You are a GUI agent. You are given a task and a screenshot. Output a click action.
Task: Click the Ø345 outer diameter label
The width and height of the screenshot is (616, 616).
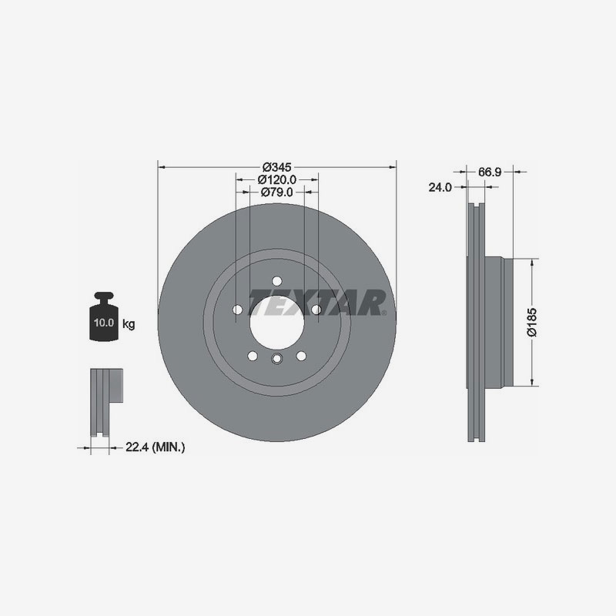(x=276, y=167)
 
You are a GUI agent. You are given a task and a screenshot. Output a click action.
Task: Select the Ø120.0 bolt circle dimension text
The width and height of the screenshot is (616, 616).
(x=276, y=179)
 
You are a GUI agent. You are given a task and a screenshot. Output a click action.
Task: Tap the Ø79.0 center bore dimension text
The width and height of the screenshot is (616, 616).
(x=276, y=192)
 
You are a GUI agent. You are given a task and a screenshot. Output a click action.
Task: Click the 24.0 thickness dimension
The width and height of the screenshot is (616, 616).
(x=440, y=186)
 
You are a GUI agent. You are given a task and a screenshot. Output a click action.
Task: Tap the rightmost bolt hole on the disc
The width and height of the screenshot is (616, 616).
(x=316, y=310)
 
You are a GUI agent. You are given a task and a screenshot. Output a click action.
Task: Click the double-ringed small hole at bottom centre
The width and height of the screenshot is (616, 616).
(x=276, y=357)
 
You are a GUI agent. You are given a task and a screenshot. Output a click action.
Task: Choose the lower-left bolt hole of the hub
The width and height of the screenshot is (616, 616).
(x=253, y=355)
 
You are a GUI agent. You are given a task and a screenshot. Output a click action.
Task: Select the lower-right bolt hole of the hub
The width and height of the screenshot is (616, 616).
(x=301, y=355)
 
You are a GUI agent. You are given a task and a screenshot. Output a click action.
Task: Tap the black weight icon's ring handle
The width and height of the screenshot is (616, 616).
(x=104, y=296)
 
